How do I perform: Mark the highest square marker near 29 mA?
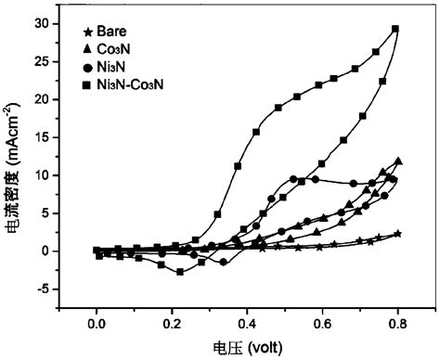click(395, 29)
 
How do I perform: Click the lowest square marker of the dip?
click(180, 272)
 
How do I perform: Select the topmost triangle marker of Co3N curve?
click(398, 161)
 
